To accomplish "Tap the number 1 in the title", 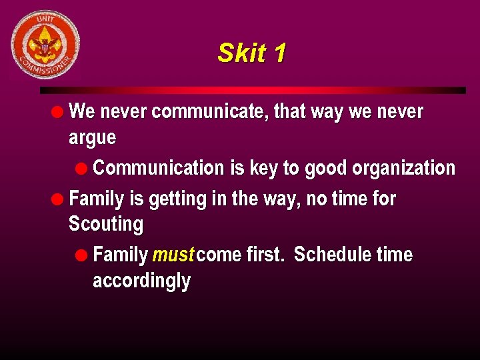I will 279,53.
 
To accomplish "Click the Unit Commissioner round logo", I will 45,45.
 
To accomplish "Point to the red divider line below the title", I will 253,90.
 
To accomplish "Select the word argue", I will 92,139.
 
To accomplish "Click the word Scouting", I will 106,224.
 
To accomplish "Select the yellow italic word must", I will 173,255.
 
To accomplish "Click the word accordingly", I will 141,281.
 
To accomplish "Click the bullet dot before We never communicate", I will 60,111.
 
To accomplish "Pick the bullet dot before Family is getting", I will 60,199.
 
